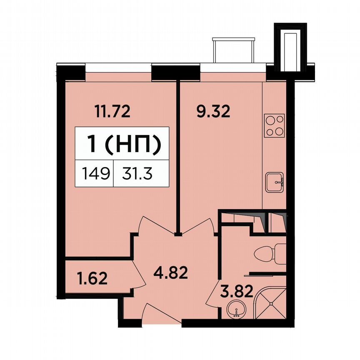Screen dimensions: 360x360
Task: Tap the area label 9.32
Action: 213,111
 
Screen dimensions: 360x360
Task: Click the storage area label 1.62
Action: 92,277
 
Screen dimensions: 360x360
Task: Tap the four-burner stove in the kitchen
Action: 275,125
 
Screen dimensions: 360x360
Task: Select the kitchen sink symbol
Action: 275,182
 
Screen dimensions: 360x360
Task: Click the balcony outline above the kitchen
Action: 233,50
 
